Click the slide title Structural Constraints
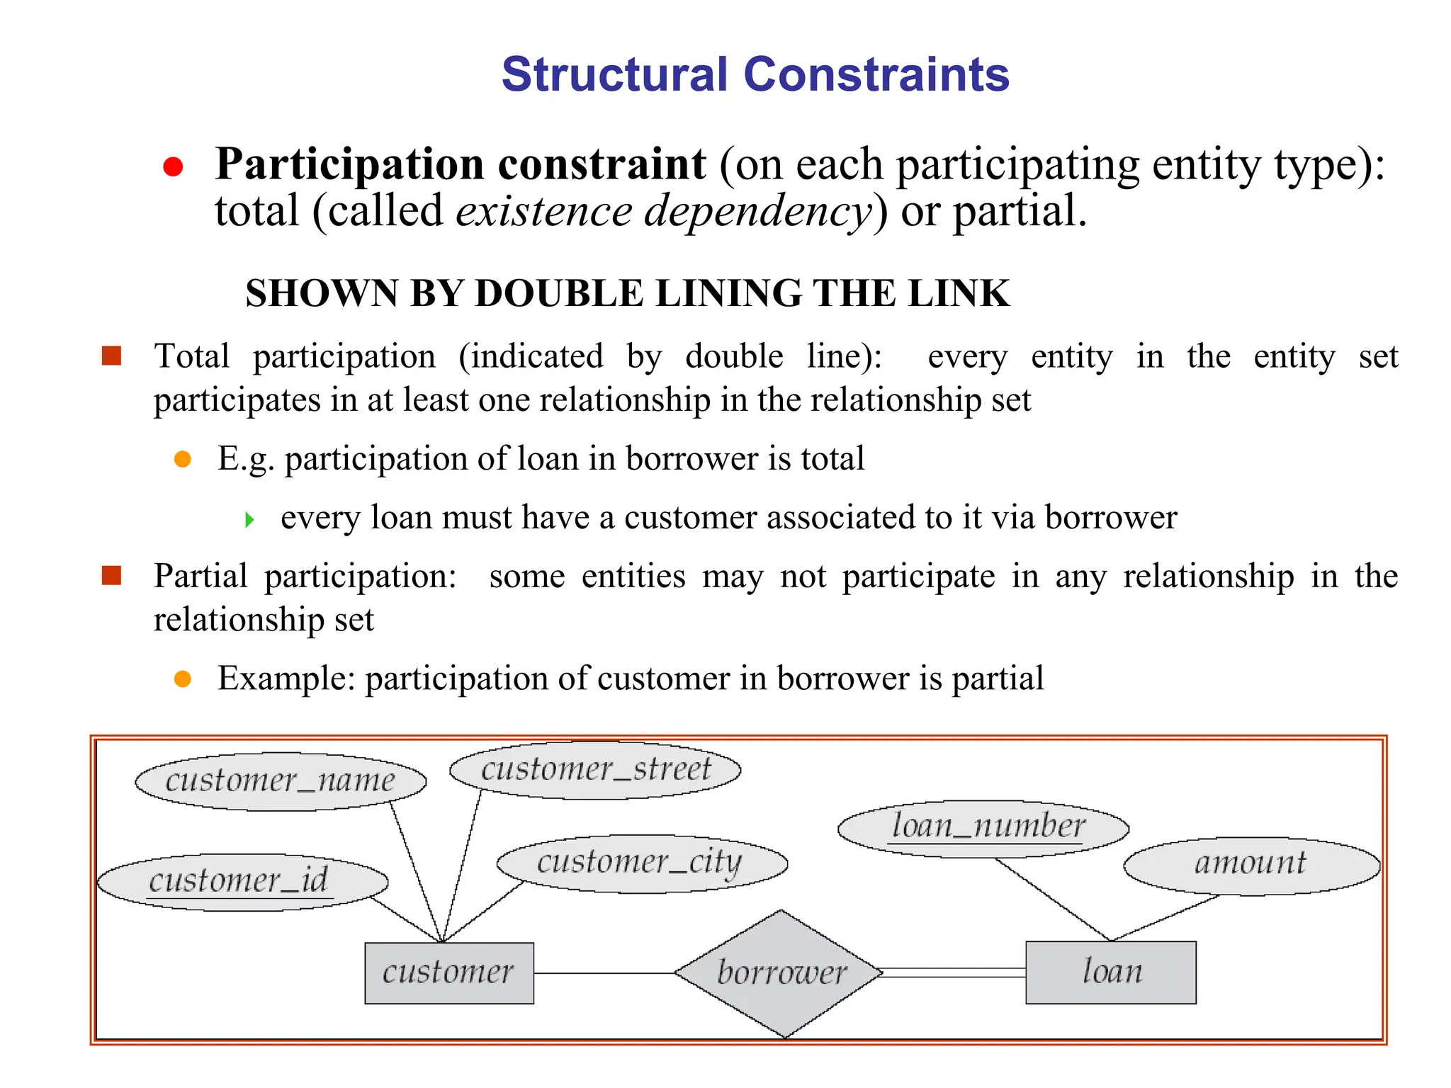[755, 74]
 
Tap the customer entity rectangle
[449, 973]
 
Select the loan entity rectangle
[1110, 972]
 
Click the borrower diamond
[780, 973]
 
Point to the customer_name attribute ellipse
[281, 781]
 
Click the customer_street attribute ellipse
[595, 769]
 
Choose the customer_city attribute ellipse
[641, 863]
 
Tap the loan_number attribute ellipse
[983, 827]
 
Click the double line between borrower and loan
[954, 973]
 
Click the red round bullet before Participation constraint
[173, 167]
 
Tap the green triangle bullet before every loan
[249, 520]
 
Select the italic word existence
[543, 211]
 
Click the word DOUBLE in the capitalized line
[559, 293]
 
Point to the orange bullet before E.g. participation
[183, 459]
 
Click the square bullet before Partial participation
[112, 575]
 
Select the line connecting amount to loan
[1165, 918]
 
